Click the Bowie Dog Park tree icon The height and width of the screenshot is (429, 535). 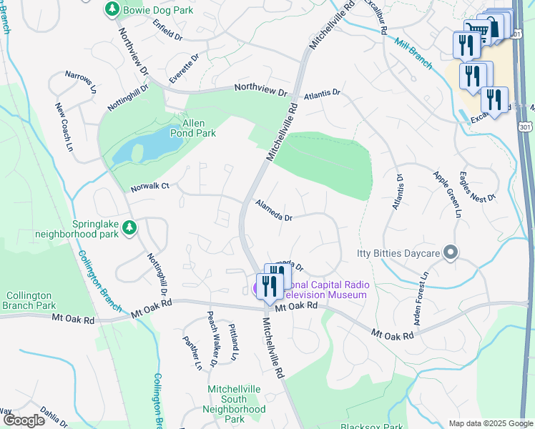pos(112,9)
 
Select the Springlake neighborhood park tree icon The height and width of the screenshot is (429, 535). pos(129,227)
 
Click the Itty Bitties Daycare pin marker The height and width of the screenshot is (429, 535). pos(450,252)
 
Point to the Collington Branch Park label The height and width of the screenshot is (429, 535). pos(30,300)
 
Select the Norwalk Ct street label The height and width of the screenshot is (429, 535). pos(149,187)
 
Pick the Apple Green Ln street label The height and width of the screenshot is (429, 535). pos(446,192)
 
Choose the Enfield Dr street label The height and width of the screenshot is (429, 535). pos(167,29)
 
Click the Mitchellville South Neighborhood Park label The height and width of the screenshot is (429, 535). pos(236,404)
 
